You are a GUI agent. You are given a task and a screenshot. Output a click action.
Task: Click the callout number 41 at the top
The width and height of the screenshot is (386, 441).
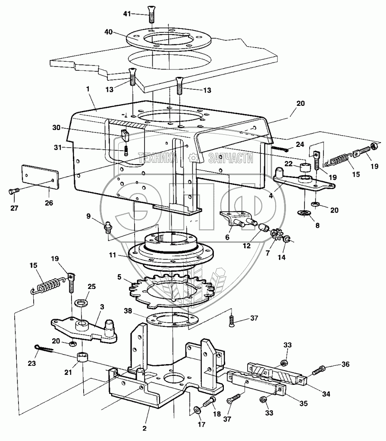point(126,14)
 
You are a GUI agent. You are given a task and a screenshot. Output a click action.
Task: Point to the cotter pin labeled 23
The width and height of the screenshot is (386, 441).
point(43,348)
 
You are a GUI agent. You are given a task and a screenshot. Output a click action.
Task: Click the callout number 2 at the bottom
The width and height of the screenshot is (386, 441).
point(145,428)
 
